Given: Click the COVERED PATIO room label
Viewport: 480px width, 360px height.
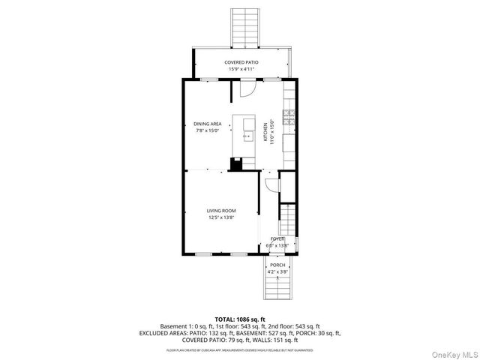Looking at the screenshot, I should click(x=241, y=61).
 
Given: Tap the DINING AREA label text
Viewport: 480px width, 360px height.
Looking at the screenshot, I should click(x=207, y=124).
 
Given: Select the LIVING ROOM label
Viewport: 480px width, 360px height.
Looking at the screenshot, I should click(x=221, y=211).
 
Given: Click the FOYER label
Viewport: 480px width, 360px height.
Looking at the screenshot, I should click(x=277, y=238).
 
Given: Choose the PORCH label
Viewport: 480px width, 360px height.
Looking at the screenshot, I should click(x=277, y=265).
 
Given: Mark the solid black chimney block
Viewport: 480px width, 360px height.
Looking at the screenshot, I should click(x=236, y=163).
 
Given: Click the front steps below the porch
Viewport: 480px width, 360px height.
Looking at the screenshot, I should click(x=277, y=289).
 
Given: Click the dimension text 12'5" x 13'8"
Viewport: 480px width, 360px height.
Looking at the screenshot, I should click(x=221, y=217).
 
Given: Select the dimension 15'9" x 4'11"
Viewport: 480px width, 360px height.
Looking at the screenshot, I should click(x=241, y=69).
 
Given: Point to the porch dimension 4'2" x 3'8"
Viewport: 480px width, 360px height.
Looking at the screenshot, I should click(x=277, y=271).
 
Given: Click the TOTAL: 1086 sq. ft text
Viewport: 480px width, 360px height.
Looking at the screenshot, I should click(x=240, y=319).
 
